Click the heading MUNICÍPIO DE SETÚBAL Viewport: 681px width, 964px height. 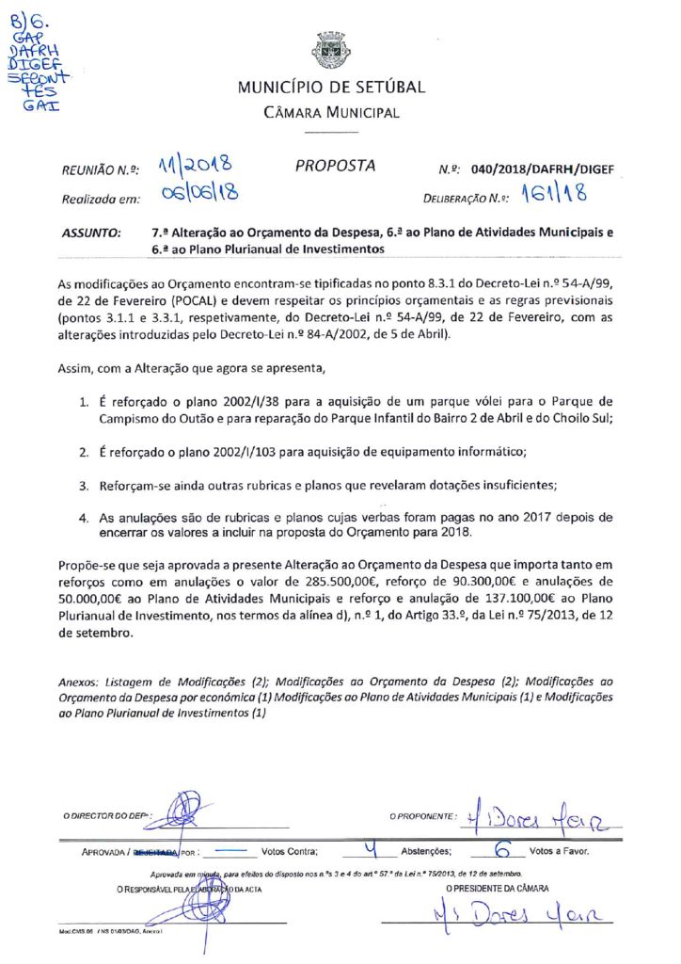[331, 88]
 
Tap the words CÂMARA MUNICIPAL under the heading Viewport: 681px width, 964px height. [331, 113]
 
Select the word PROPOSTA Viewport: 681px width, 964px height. [335, 166]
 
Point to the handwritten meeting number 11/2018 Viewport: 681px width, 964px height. [196, 167]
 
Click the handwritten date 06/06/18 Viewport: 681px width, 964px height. [198, 195]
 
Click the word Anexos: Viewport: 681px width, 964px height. [78, 680]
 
